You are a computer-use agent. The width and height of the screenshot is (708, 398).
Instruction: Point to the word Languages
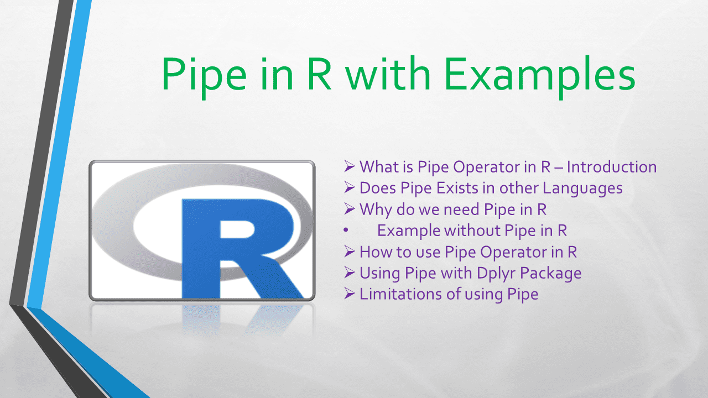pyautogui.click(x=582, y=188)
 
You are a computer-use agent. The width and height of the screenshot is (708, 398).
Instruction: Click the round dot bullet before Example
pyautogui.click(x=346, y=231)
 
